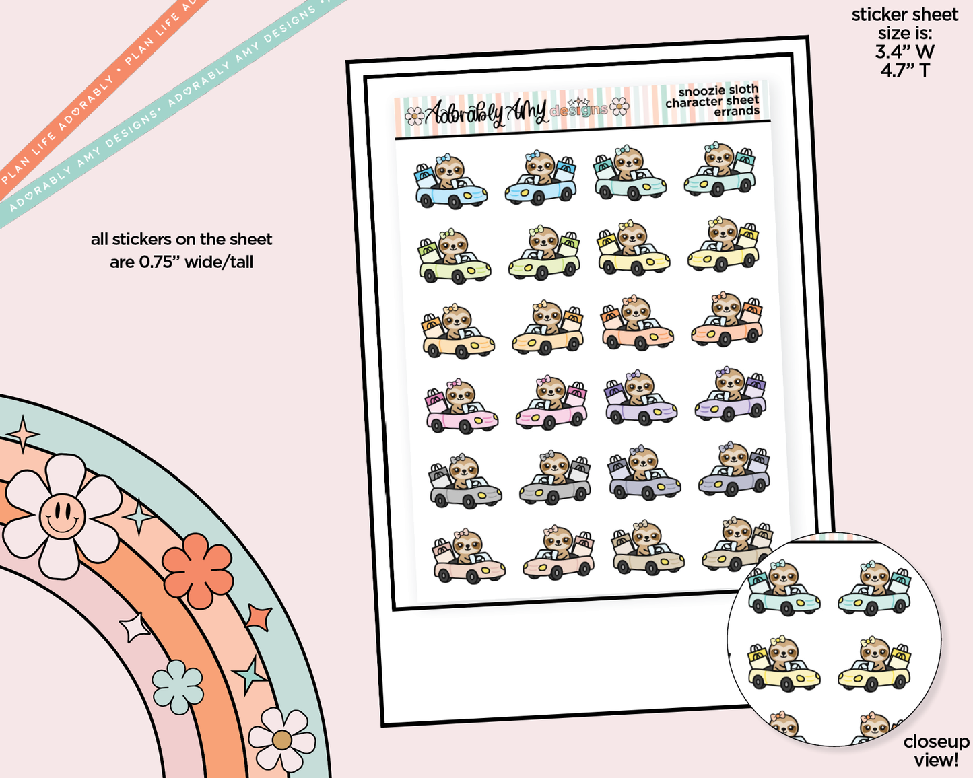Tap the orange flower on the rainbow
[197, 569]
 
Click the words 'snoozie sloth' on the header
[718, 90]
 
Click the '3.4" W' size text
[904, 52]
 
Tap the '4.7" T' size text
[904, 70]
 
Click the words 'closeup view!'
[936, 750]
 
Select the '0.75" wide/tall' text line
[181, 262]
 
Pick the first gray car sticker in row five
[465, 481]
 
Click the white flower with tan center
[281, 739]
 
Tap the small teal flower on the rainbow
[178, 686]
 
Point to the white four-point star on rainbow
[135, 627]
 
